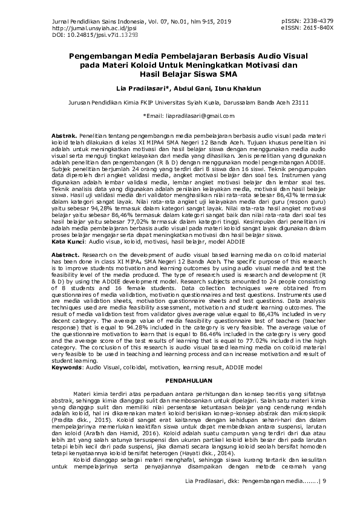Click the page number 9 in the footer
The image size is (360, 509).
(325, 481)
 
